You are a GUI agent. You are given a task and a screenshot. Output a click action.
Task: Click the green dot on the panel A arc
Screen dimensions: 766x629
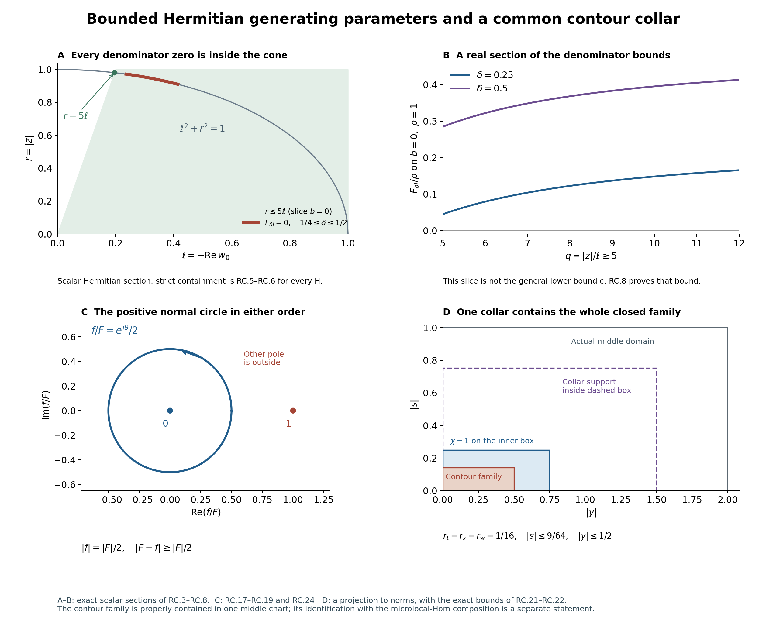click(x=114, y=73)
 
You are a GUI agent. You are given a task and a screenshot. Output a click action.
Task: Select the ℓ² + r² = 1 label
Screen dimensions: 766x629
click(x=202, y=128)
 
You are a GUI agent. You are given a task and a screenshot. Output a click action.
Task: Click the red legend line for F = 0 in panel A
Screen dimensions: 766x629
click(x=251, y=222)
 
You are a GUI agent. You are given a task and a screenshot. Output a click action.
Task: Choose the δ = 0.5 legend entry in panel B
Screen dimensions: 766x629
click(x=479, y=88)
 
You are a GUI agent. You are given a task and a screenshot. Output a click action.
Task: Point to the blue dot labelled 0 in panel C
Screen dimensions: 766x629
click(x=170, y=411)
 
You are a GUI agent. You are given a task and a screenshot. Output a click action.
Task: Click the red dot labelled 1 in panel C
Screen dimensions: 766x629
click(x=293, y=411)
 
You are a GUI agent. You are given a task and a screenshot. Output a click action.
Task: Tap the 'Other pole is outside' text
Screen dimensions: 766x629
click(x=264, y=358)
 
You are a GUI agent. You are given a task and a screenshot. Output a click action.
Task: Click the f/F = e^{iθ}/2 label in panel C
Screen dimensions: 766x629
click(x=115, y=330)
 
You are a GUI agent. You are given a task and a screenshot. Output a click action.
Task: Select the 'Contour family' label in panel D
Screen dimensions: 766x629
click(x=474, y=476)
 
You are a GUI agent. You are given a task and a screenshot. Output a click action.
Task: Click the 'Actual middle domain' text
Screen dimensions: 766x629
click(x=612, y=341)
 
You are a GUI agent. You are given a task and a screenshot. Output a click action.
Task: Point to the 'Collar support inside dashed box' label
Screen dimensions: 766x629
click(x=596, y=386)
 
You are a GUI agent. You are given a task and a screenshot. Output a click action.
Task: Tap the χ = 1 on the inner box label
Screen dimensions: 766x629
click(x=492, y=441)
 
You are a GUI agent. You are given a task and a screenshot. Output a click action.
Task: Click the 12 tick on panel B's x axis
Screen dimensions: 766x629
click(x=739, y=243)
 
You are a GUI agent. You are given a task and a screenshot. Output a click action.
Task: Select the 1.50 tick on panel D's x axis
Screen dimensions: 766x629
click(x=657, y=500)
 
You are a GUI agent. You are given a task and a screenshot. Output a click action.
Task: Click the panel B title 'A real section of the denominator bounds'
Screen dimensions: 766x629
click(x=563, y=55)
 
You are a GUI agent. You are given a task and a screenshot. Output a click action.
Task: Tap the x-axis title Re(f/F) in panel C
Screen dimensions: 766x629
click(x=206, y=512)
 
